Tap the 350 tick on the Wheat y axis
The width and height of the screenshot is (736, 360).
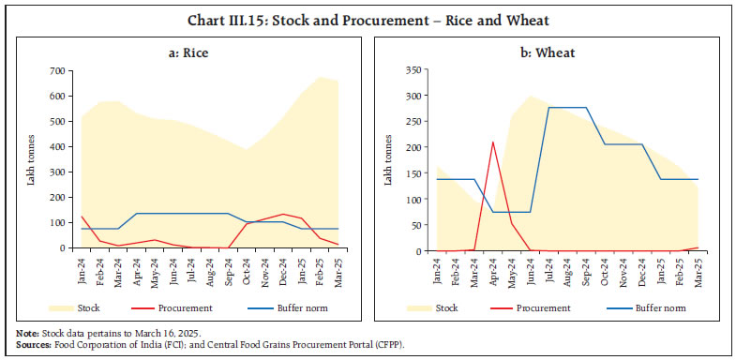pyautogui.click(x=420, y=71)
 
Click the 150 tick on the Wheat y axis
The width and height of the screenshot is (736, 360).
pyautogui.click(x=420, y=173)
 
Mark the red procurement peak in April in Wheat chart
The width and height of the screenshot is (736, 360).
pyautogui.click(x=492, y=142)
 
